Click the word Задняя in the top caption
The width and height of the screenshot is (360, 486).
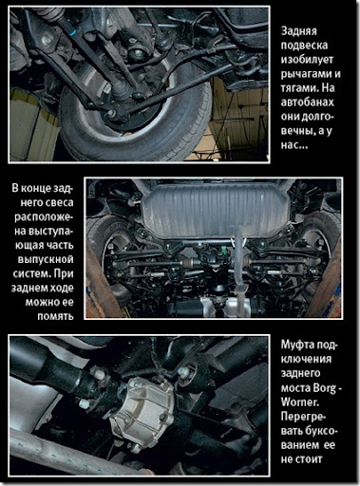click(298, 31)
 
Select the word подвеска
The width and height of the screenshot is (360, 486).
click(304, 46)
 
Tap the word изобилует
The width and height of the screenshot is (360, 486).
click(307, 60)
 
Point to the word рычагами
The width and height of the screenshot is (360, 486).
click(303, 74)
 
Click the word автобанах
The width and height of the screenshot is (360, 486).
click(307, 103)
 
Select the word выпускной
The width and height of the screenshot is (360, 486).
click(46, 259)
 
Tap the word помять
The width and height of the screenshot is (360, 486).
click(55, 316)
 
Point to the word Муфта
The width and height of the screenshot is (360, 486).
click(296, 345)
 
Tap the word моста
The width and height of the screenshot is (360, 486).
click(295, 388)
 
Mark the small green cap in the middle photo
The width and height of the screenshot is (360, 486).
click(224, 252)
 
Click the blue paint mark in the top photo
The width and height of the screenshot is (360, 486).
click(72, 31)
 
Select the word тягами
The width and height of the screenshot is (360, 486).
click(299, 88)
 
